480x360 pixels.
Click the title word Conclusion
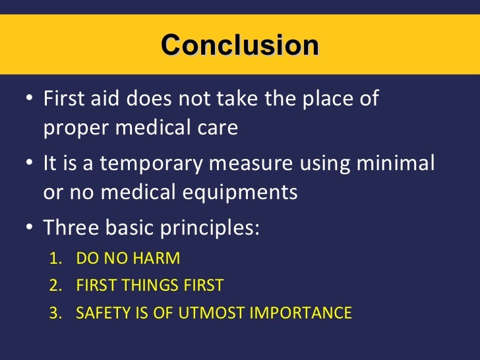[239, 45]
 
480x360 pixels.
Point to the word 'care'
[217, 128]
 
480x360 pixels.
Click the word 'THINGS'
[151, 285]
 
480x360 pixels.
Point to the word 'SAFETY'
[99, 313]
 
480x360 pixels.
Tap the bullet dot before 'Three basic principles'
[27, 227]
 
